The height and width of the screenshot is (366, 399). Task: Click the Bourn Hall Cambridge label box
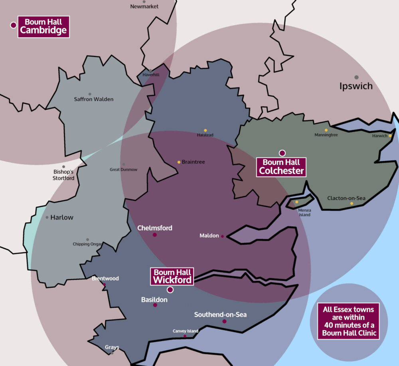click(43, 27)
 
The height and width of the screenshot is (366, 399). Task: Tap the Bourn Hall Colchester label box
click(282, 167)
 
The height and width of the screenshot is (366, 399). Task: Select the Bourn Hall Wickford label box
click(172, 276)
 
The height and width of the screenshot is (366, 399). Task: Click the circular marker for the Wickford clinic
click(170, 290)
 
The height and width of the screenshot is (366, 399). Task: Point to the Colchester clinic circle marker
click(282, 153)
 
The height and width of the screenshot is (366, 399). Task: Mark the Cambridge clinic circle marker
click(13, 25)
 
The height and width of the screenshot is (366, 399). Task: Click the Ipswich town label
click(356, 86)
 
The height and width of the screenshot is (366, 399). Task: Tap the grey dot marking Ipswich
click(356, 77)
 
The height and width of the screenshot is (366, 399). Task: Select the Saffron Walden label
click(94, 99)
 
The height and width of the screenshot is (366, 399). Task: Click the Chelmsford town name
click(155, 228)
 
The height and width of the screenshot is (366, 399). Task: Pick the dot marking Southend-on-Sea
click(224, 321)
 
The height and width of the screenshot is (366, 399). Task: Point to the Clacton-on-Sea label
click(346, 198)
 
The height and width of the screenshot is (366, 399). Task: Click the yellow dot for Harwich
click(390, 136)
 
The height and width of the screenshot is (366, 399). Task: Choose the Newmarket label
click(144, 6)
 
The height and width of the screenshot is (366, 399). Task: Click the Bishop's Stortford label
click(63, 175)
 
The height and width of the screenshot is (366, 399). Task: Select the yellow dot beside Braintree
click(179, 162)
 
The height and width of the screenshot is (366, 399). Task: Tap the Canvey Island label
click(185, 331)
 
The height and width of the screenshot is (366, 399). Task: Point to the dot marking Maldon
click(222, 236)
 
